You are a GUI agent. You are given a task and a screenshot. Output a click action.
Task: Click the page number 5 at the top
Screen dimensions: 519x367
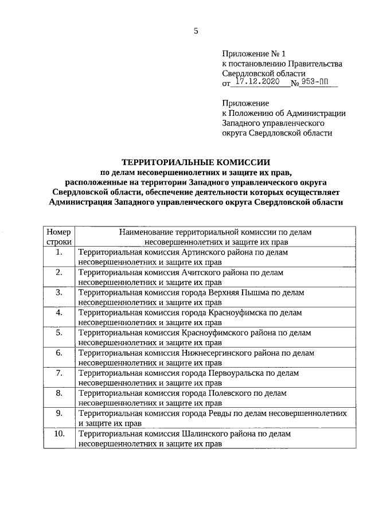coord(196,32)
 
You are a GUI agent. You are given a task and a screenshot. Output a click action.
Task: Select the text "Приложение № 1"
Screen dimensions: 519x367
coord(249,53)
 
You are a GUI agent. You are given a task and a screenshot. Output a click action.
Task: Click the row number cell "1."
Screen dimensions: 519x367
coord(58,252)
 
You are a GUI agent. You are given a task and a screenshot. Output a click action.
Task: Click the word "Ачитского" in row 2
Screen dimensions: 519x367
coord(200,272)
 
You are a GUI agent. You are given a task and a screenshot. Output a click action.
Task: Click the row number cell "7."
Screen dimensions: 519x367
coord(58,373)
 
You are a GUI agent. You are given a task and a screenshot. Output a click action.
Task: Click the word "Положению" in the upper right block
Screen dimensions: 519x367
coord(251,113)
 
